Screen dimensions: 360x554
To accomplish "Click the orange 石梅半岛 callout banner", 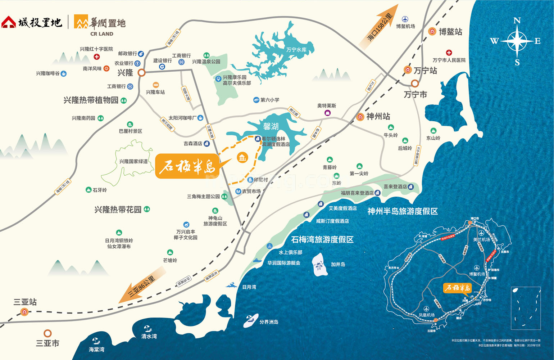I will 187,166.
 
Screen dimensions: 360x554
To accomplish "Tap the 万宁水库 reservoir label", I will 296,50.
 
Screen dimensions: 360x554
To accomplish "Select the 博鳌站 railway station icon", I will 432,32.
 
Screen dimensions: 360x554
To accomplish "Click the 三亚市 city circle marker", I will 47,333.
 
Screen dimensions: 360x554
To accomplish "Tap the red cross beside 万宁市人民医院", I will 449,53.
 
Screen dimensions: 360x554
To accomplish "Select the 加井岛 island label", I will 338,264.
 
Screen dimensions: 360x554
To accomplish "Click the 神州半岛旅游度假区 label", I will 402,211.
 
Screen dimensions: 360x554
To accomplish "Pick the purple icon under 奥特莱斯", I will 327,113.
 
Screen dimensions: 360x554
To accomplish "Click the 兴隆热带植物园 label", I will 91,100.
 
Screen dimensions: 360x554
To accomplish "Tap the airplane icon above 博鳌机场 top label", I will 405,19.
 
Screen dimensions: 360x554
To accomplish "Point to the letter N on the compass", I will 517,21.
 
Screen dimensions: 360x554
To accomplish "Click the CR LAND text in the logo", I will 102,34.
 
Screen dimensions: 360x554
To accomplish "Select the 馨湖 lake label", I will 271,126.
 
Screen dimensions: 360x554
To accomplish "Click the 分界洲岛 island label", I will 269,322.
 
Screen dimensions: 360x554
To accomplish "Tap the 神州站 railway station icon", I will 360,117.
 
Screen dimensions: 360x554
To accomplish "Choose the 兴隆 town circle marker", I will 142,73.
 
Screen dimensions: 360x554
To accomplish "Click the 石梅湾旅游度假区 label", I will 322,239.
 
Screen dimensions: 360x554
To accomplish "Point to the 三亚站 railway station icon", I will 24,312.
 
